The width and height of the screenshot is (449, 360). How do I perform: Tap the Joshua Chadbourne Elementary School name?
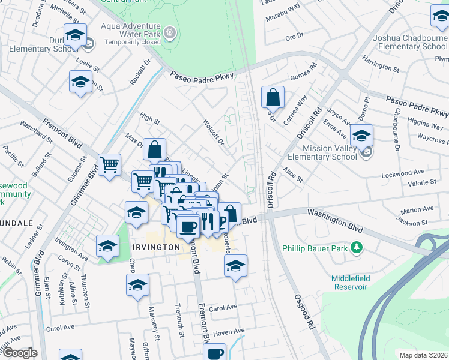410,42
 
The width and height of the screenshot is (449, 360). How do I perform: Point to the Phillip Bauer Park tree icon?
357,247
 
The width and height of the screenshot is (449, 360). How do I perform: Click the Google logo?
19,353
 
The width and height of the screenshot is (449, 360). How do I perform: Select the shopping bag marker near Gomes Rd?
273,97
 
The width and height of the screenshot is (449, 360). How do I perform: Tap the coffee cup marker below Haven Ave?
214,353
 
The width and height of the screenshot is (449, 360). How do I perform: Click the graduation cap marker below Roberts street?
236,265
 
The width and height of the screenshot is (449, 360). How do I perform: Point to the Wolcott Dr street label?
213,133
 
